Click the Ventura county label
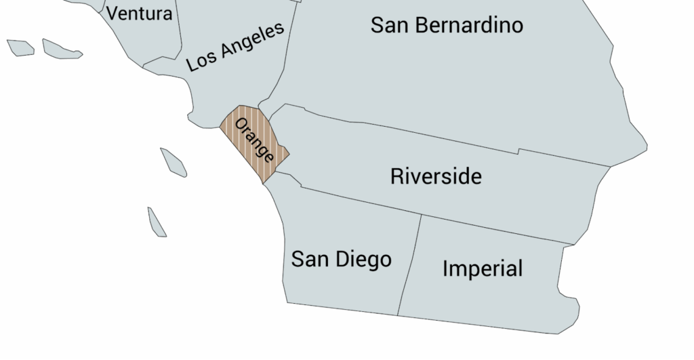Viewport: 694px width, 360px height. pos(140,13)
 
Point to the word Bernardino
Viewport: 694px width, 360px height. pos(470,25)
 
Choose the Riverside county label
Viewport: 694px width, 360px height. pos(436,176)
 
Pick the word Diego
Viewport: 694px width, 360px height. pos(366,259)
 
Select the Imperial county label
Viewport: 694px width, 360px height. pos(483,268)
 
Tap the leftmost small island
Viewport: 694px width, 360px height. pos(20,47)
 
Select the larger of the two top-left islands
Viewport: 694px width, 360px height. pos(61,49)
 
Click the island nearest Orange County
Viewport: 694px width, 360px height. pos(173,163)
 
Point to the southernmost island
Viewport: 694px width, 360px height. pos(157,222)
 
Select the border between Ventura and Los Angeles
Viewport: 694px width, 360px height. pos(180,34)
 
